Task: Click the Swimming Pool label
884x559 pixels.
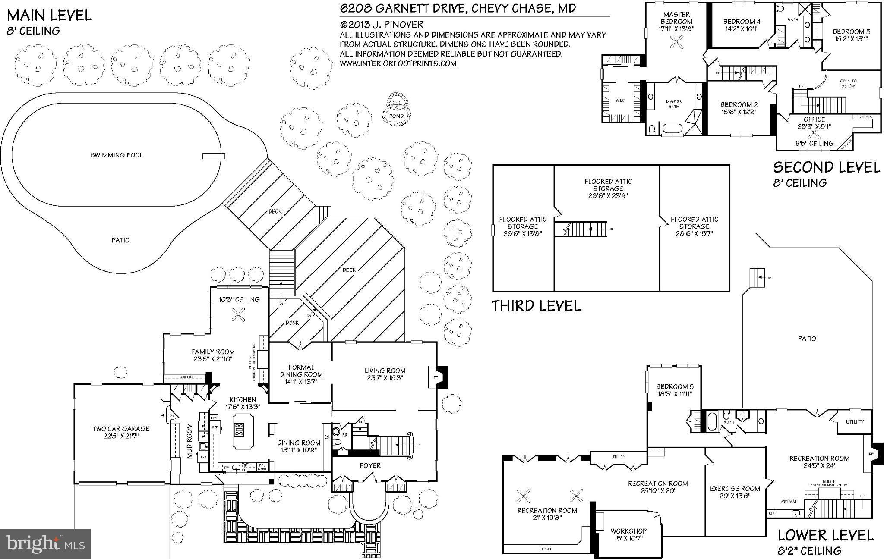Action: pyautogui.click(x=116, y=155)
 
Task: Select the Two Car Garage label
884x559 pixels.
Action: pyautogui.click(x=121, y=429)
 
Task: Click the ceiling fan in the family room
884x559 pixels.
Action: pyautogui.click(x=238, y=316)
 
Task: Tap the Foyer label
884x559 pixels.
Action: pyautogui.click(x=370, y=465)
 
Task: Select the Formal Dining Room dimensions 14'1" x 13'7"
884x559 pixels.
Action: pyautogui.click(x=301, y=382)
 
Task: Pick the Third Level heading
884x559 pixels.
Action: pyautogui.click(x=536, y=306)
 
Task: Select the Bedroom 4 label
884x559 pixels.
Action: pyautogui.click(x=742, y=22)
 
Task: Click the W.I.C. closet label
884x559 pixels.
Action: pyautogui.click(x=620, y=100)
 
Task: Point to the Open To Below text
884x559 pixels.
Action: pyautogui.click(x=848, y=83)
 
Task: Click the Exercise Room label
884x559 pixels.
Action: pyautogui.click(x=735, y=489)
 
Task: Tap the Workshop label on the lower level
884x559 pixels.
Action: pyautogui.click(x=628, y=531)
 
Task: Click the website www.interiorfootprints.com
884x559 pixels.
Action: pyautogui.click(x=398, y=63)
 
